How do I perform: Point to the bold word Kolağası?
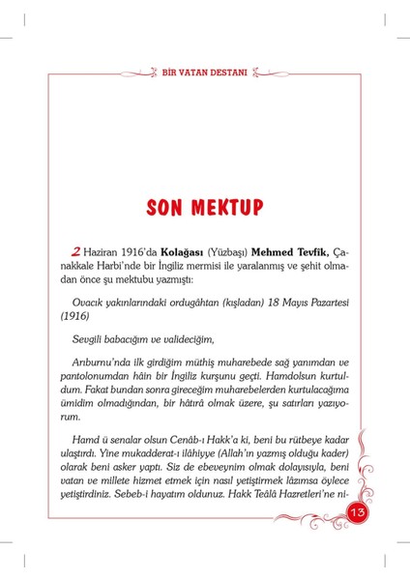[161, 251]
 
